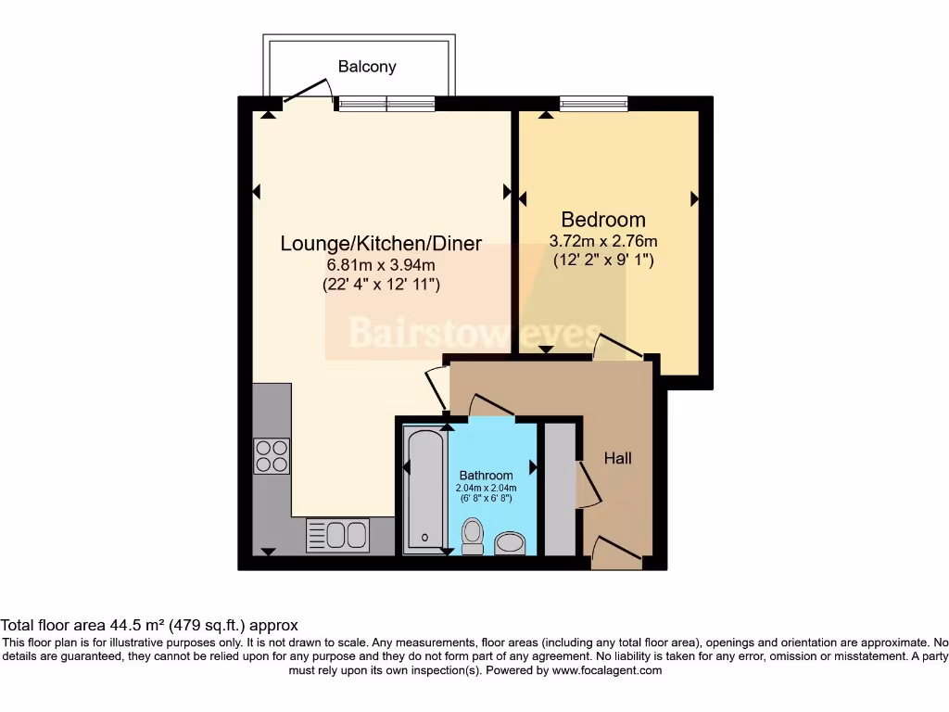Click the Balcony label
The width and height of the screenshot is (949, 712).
click(x=367, y=67)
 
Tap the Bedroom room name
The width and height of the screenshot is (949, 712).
click(x=603, y=220)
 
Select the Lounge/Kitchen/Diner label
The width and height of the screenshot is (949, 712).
click(x=381, y=244)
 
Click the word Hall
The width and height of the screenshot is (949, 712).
click(x=617, y=458)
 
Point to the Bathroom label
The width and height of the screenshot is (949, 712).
click(x=486, y=476)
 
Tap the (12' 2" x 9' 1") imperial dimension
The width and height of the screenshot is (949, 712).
click(x=603, y=261)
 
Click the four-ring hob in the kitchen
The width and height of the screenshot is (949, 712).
click(x=272, y=454)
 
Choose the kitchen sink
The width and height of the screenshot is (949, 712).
click(x=337, y=535)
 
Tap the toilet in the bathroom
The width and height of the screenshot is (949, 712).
click(x=473, y=535)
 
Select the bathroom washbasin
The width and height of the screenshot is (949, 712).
click(x=510, y=541)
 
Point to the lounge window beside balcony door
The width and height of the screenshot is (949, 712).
click(x=386, y=103)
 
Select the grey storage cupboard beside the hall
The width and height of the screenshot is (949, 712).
click(x=560, y=489)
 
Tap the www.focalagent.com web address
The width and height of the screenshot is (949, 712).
click(x=607, y=670)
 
